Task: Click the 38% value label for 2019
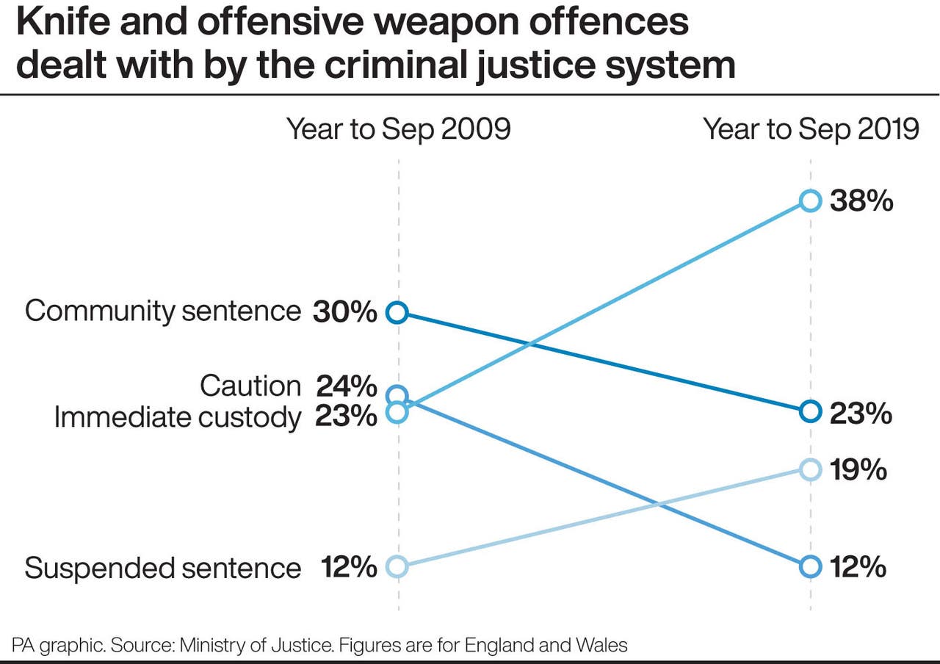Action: tap(861, 201)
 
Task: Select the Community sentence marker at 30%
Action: tap(397, 313)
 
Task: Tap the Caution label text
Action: tap(250, 386)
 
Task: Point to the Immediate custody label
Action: tap(177, 417)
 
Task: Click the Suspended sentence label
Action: tap(162, 568)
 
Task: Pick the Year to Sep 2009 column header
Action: tap(398, 129)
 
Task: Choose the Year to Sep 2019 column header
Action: tap(811, 129)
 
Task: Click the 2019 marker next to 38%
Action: tap(810, 201)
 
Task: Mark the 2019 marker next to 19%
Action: tap(810, 469)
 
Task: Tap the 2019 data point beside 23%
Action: tap(810, 412)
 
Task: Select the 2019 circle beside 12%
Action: tap(810, 566)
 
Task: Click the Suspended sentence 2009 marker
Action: tap(397, 566)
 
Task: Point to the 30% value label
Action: tap(344, 312)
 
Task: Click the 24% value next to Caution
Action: tap(346, 386)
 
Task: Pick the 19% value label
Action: tap(858, 469)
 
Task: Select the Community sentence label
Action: tap(162, 311)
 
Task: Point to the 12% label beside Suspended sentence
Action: tap(348, 568)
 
